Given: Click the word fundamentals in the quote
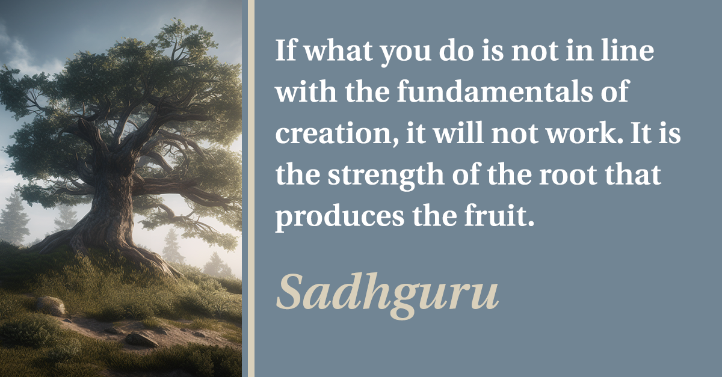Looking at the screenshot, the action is [x=495, y=91].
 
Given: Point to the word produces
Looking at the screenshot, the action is [x=340, y=218].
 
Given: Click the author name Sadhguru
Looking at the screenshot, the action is [x=387, y=293].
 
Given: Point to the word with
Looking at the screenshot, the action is [x=306, y=91].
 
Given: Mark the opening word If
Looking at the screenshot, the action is [x=286, y=50].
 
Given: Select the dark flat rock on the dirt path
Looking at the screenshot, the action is [x=141, y=340].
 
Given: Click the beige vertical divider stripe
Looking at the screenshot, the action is [x=251, y=189].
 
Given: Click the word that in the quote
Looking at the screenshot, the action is [x=633, y=175].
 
